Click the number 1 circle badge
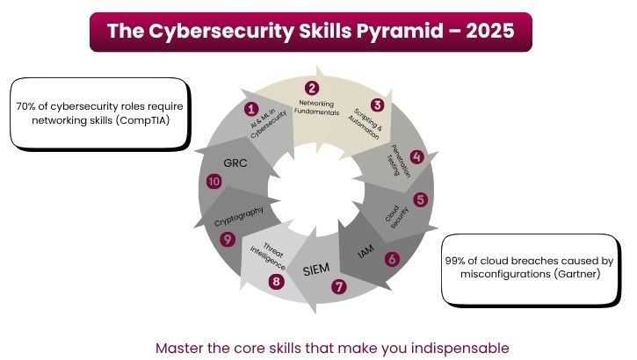click(251, 110)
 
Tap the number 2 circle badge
click(311, 88)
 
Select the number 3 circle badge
click(377, 104)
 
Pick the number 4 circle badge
click(417, 157)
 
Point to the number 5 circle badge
click(421, 199)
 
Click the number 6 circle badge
click(392, 259)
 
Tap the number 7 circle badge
click(339, 286)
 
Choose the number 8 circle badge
click(276, 282)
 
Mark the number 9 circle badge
click(228, 239)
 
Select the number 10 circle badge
click(214, 182)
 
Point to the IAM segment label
click(366, 252)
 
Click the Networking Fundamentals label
click(314, 108)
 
